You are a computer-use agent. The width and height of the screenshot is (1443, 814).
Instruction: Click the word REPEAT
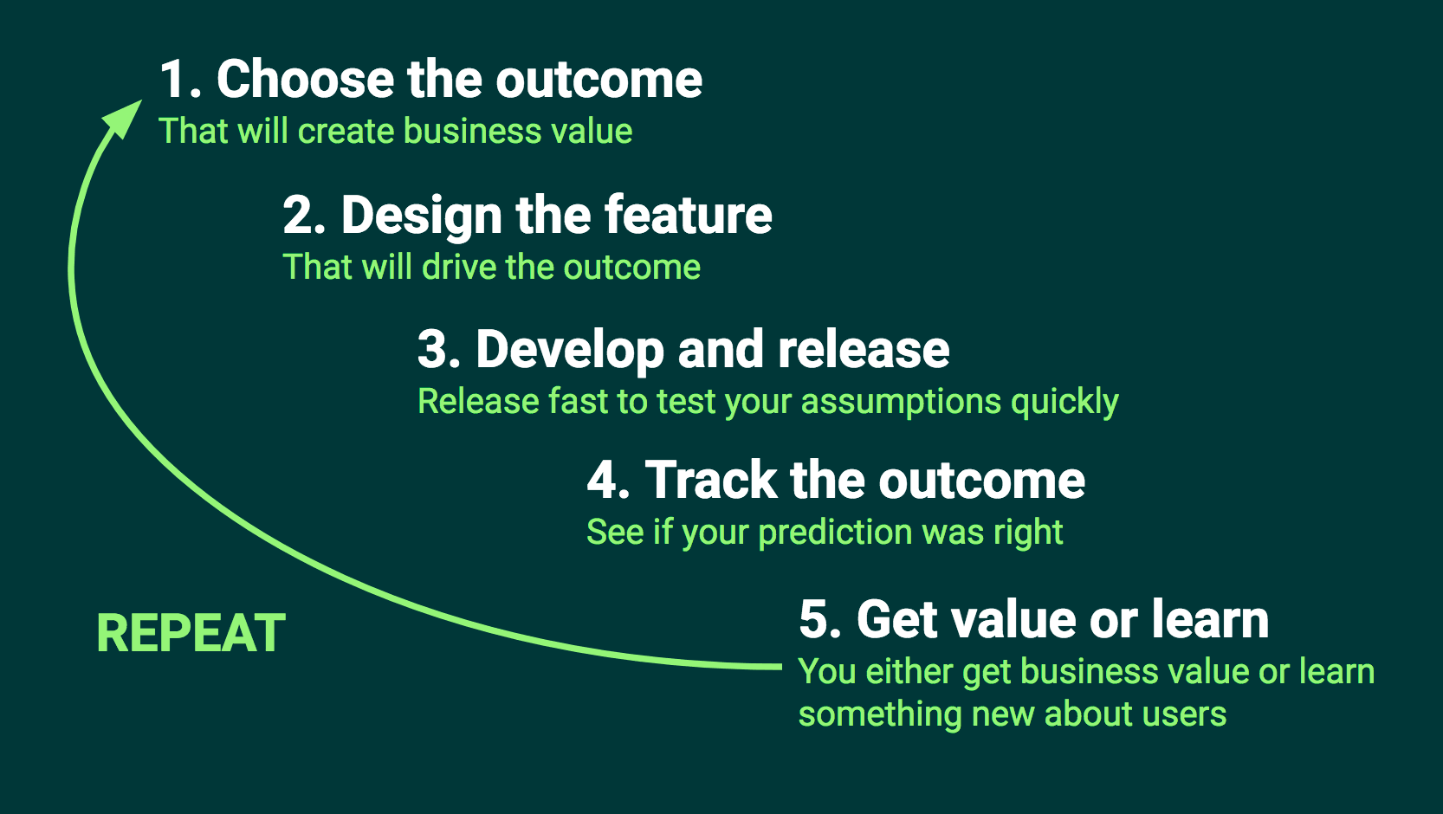191,633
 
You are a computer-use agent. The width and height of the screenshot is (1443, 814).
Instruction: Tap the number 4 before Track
604,481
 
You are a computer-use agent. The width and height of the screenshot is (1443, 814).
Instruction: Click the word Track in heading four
712,481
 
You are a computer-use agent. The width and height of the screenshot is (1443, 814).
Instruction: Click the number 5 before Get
815,620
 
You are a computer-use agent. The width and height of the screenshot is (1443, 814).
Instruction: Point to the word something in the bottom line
879,715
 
